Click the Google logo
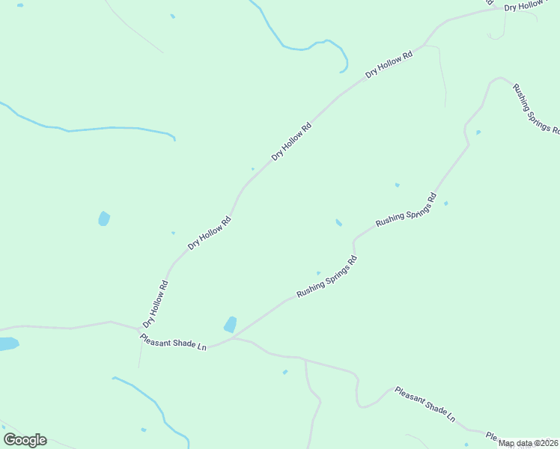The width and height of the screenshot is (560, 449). [x=25, y=440]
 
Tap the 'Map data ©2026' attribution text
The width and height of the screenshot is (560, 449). [x=529, y=443]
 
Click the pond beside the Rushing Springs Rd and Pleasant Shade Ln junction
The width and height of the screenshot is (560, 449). [x=231, y=325]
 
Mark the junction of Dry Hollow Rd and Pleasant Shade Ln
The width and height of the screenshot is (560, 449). [x=140, y=330]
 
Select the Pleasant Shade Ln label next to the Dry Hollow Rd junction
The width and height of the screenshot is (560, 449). [x=173, y=343]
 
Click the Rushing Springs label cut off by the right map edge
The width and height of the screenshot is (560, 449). [x=535, y=109]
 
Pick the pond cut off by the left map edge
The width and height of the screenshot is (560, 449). [x=7, y=344]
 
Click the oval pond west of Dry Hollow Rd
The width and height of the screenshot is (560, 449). [x=104, y=219]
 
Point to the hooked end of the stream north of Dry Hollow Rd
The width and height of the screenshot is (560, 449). [x=341, y=71]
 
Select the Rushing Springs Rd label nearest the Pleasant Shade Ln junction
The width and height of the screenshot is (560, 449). [x=326, y=277]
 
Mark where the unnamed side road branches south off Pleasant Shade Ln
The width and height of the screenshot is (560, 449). [x=305, y=360]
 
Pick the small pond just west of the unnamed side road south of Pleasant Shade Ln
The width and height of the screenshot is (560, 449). [x=284, y=372]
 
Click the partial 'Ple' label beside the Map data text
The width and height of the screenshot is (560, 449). [x=491, y=436]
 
